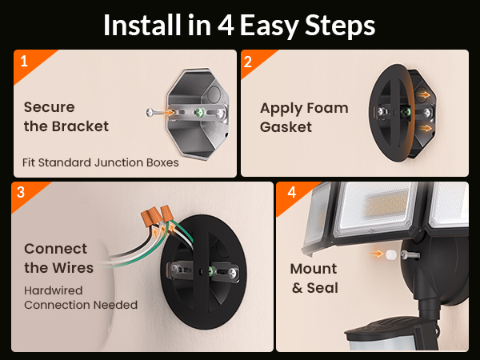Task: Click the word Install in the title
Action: click(144, 25)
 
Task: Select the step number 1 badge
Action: click(24, 60)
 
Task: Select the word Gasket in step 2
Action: click(286, 126)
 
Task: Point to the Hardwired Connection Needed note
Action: click(80, 297)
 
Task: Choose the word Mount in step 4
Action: click(313, 269)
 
